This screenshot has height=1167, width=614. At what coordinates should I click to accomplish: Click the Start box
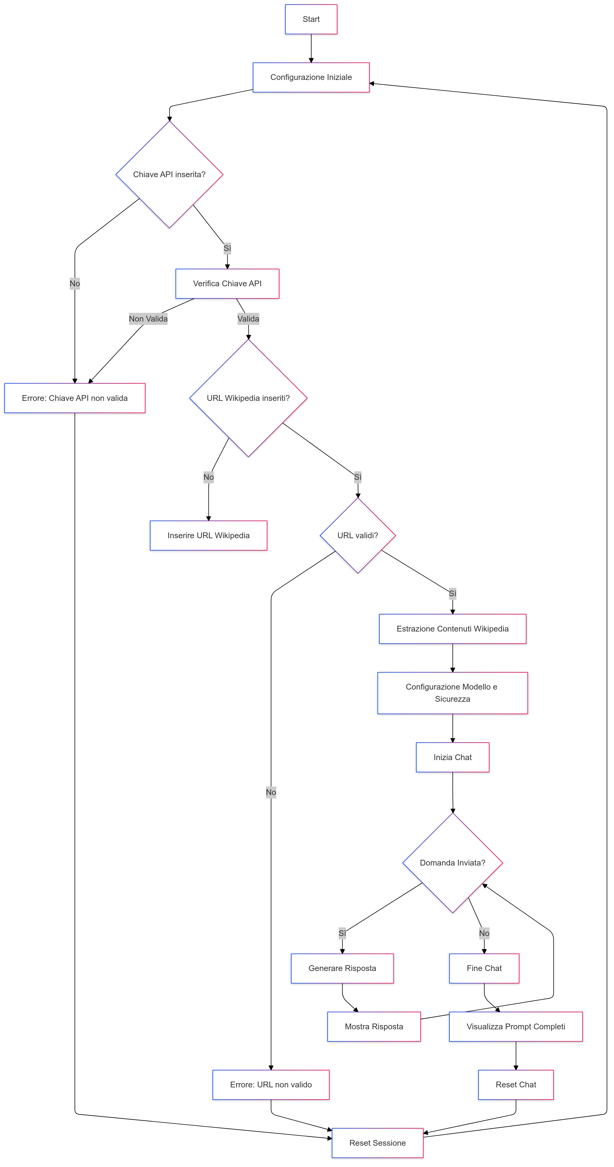click(311, 19)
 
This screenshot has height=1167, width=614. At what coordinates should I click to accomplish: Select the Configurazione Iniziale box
click(311, 77)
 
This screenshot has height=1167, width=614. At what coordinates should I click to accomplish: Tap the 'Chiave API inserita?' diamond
click(169, 174)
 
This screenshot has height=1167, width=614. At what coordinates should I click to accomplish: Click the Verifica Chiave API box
click(227, 284)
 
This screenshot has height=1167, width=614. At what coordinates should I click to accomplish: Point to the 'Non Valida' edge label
click(148, 319)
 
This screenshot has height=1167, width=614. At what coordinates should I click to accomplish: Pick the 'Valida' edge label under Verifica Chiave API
click(248, 319)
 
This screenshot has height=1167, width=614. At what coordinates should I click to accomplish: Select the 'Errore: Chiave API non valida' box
click(75, 398)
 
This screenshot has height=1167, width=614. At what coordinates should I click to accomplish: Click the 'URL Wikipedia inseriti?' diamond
click(248, 398)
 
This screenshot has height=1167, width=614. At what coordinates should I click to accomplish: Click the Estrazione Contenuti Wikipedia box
click(452, 629)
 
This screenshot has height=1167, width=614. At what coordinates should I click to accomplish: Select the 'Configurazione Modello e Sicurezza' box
click(452, 693)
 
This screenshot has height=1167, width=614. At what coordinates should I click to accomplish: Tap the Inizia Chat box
click(452, 757)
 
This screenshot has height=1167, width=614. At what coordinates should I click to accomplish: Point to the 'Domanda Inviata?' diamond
click(452, 862)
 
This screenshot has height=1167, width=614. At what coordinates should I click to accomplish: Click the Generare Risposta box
click(342, 968)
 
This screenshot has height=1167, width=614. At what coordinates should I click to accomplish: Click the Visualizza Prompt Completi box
click(516, 1027)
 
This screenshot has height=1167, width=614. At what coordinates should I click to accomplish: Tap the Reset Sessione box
click(377, 1143)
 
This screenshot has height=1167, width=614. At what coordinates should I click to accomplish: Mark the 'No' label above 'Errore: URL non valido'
click(271, 792)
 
